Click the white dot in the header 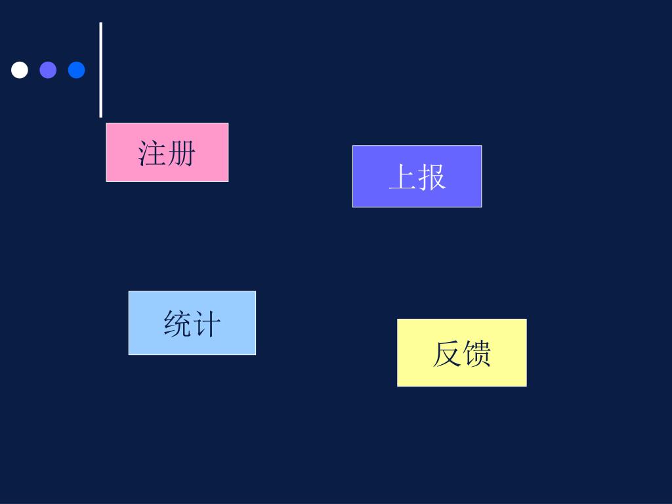pyautogui.click(x=20, y=70)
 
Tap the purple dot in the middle pyautogui.click(x=48, y=70)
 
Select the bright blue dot pyautogui.click(x=76, y=70)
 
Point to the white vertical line pyautogui.click(x=100, y=70)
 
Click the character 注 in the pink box pyautogui.click(x=152, y=153)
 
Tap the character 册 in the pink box pyautogui.click(x=182, y=153)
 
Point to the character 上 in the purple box pyautogui.click(x=402, y=177)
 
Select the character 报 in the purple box pyautogui.click(x=432, y=177)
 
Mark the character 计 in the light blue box pyautogui.click(x=207, y=324)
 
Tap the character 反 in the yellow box pyautogui.click(x=446, y=354)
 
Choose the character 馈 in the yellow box pyautogui.click(x=476, y=354)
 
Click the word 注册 pyautogui.click(x=167, y=153)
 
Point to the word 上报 pyautogui.click(x=417, y=177)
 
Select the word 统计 pyautogui.click(x=192, y=324)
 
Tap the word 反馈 pyautogui.click(x=461, y=354)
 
